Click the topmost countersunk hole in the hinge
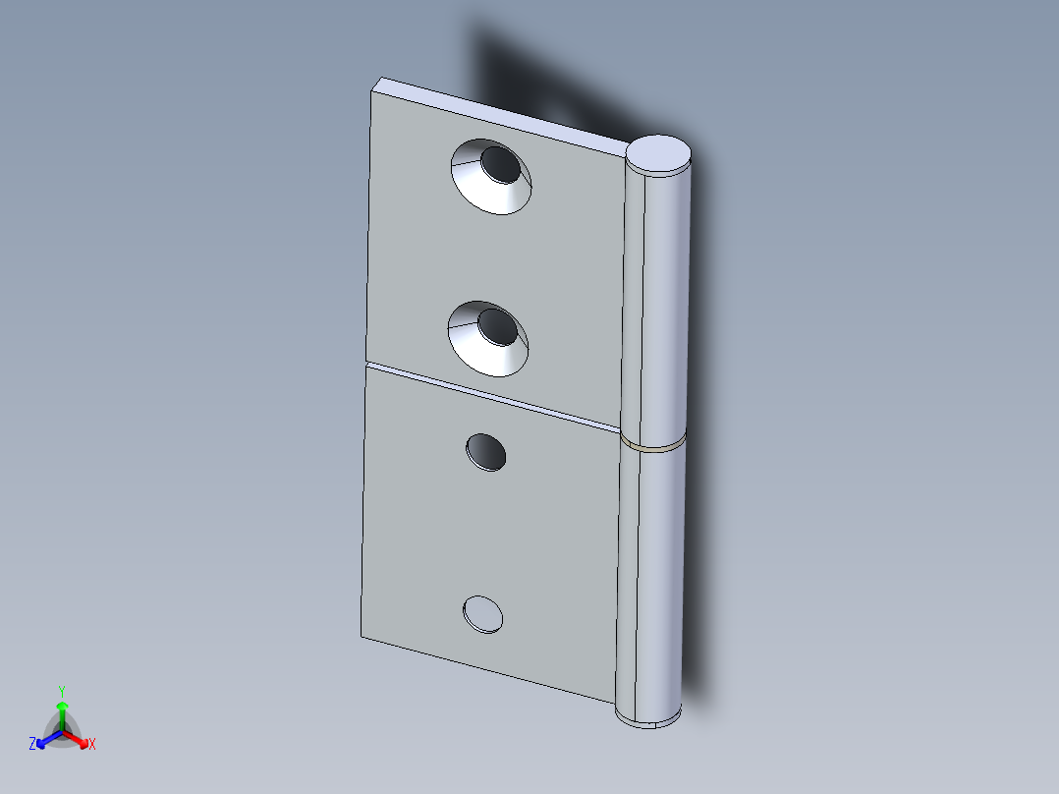click(490, 176)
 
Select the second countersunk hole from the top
click(487, 337)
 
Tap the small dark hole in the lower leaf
click(485, 451)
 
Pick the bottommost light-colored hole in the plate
click(482, 613)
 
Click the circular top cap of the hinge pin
click(658, 154)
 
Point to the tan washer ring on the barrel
click(652, 445)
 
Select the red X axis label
click(92, 745)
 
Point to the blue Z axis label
click(32, 745)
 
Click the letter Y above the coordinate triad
click(62, 690)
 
